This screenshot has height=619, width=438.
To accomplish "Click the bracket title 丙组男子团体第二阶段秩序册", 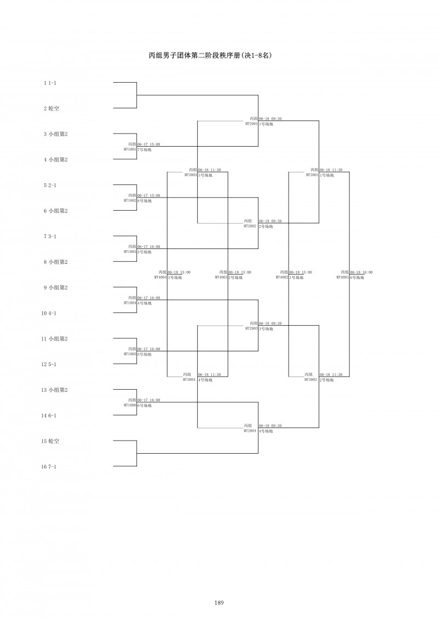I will pos(211,55).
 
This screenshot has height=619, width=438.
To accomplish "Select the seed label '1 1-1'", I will pos(50,83).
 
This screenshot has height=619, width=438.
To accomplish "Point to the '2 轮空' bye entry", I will pos(51,108).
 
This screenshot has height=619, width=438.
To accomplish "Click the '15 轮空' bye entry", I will pos(50,441).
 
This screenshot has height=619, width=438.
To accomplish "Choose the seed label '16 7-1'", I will pos(49,466).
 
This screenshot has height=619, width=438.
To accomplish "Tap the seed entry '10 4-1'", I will pos(49,313).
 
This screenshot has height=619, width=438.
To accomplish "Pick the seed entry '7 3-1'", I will pos(50,236).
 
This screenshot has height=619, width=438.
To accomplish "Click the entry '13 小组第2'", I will pos(55,390).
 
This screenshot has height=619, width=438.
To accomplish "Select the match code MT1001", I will pos(130,149).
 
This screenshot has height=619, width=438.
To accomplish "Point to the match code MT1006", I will pos(130,406).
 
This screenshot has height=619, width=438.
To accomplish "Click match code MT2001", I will pos(251,124).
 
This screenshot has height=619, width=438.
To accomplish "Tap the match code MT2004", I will pos(250,431).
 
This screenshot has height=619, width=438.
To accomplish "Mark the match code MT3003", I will pos(191,175).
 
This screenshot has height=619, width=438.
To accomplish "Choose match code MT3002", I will pos(312,380).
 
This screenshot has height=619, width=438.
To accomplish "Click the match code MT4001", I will pos(343,277).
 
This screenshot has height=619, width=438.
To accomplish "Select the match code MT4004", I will pos(160,277).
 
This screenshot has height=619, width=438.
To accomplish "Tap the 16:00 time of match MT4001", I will pos(367,272).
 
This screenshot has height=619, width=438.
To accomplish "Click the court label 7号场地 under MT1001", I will pos(145,149).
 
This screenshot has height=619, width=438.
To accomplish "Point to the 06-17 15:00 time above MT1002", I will pos(149,195).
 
